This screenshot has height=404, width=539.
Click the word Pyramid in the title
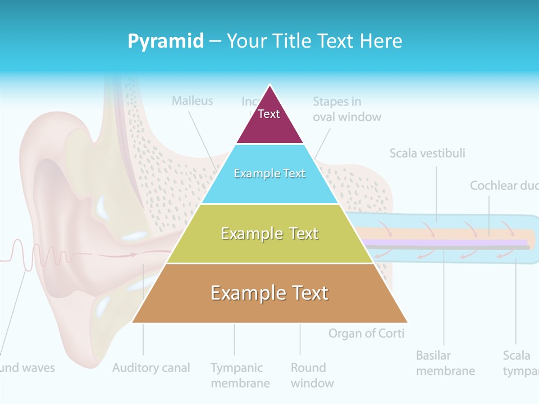click(166, 41)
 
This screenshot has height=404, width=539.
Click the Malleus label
click(193, 101)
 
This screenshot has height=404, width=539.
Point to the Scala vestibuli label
click(427, 153)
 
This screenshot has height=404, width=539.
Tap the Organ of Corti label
click(366, 333)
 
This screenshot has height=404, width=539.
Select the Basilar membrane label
click(445, 363)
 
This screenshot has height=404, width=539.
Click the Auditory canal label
click(151, 368)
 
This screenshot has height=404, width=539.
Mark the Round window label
click(312, 375)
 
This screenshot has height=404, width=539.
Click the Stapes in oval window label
click(346, 109)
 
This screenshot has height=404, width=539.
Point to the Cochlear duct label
click(503, 186)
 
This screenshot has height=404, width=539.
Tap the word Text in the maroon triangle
click(268, 114)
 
